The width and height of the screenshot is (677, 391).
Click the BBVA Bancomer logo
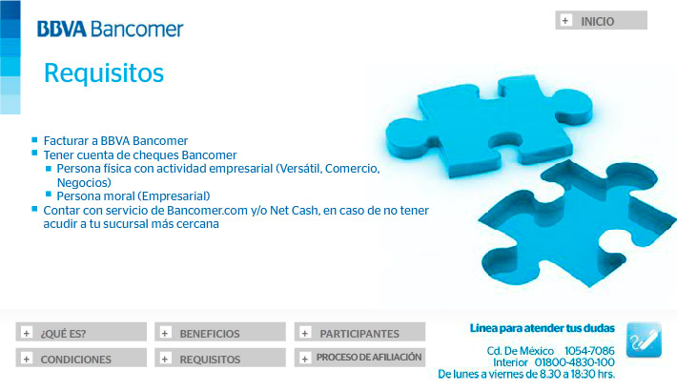click(x=110, y=29)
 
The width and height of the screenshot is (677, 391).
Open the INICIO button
click(x=601, y=20)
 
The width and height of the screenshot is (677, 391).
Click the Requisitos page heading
click(x=104, y=72)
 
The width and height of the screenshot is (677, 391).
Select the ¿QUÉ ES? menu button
click(x=81, y=332)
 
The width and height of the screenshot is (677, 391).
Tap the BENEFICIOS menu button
click(x=220, y=332)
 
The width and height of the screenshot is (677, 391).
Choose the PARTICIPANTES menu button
click(x=359, y=332)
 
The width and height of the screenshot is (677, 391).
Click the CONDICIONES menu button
click(x=81, y=358)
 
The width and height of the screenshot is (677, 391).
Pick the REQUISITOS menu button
click(x=220, y=358)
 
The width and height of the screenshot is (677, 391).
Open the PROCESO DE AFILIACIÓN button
click(x=359, y=358)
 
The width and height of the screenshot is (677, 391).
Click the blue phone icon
click(x=644, y=340)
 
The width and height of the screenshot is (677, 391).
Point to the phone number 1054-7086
click(x=589, y=351)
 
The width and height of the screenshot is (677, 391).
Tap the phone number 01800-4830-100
click(x=574, y=362)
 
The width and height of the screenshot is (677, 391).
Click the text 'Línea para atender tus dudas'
click(x=543, y=328)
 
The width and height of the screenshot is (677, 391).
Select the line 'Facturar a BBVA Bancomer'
click(x=115, y=141)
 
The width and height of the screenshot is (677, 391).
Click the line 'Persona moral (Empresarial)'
click(x=133, y=196)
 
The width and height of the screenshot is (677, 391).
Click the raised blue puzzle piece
click(x=489, y=125)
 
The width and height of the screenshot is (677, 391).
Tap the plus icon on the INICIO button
click(x=565, y=20)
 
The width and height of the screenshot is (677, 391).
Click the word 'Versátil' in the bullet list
click(x=299, y=169)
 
